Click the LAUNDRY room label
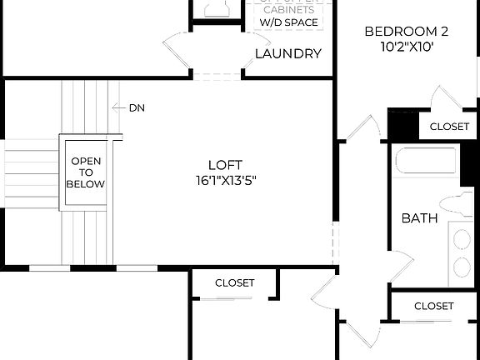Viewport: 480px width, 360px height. coord(287,54)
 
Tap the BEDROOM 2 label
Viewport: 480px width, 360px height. coord(407,32)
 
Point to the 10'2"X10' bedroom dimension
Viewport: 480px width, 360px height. coord(407,47)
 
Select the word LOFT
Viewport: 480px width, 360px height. coord(220,164)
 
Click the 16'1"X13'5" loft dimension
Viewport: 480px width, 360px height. coord(220,180)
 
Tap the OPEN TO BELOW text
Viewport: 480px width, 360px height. coord(87,173)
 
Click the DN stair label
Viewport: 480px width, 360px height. coord(137,107)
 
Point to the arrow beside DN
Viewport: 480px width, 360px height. coord(117,107)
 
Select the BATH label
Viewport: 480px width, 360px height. coord(419,218)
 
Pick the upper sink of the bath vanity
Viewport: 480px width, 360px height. coord(462,237)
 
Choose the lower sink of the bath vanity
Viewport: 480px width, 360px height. coord(462,267)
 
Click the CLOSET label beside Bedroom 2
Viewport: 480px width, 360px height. coord(449,127)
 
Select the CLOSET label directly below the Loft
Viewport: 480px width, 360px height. coord(234,283)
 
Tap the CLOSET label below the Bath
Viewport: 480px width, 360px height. coord(433,306)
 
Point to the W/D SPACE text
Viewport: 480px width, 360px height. coord(288,22)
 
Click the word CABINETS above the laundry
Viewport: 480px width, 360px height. coord(288,9)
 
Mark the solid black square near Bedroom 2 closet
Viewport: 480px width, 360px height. coord(402,126)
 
